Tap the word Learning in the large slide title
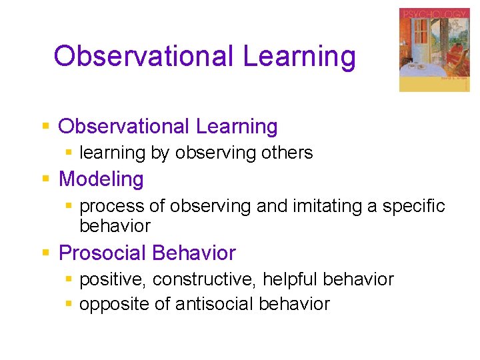(x=299, y=56)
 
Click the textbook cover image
(x=434, y=50)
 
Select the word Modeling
(x=101, y=179)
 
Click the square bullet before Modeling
(x=45, y=179)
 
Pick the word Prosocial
(x=103, y=253)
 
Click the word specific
(x=413, y=207)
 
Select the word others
(x=287, y=153)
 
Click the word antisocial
(x=214, y=304)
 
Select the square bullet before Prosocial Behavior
(x=45, y=253)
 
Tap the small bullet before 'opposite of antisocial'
(x=69, y=304)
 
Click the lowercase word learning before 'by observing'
(x=112, y=153)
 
